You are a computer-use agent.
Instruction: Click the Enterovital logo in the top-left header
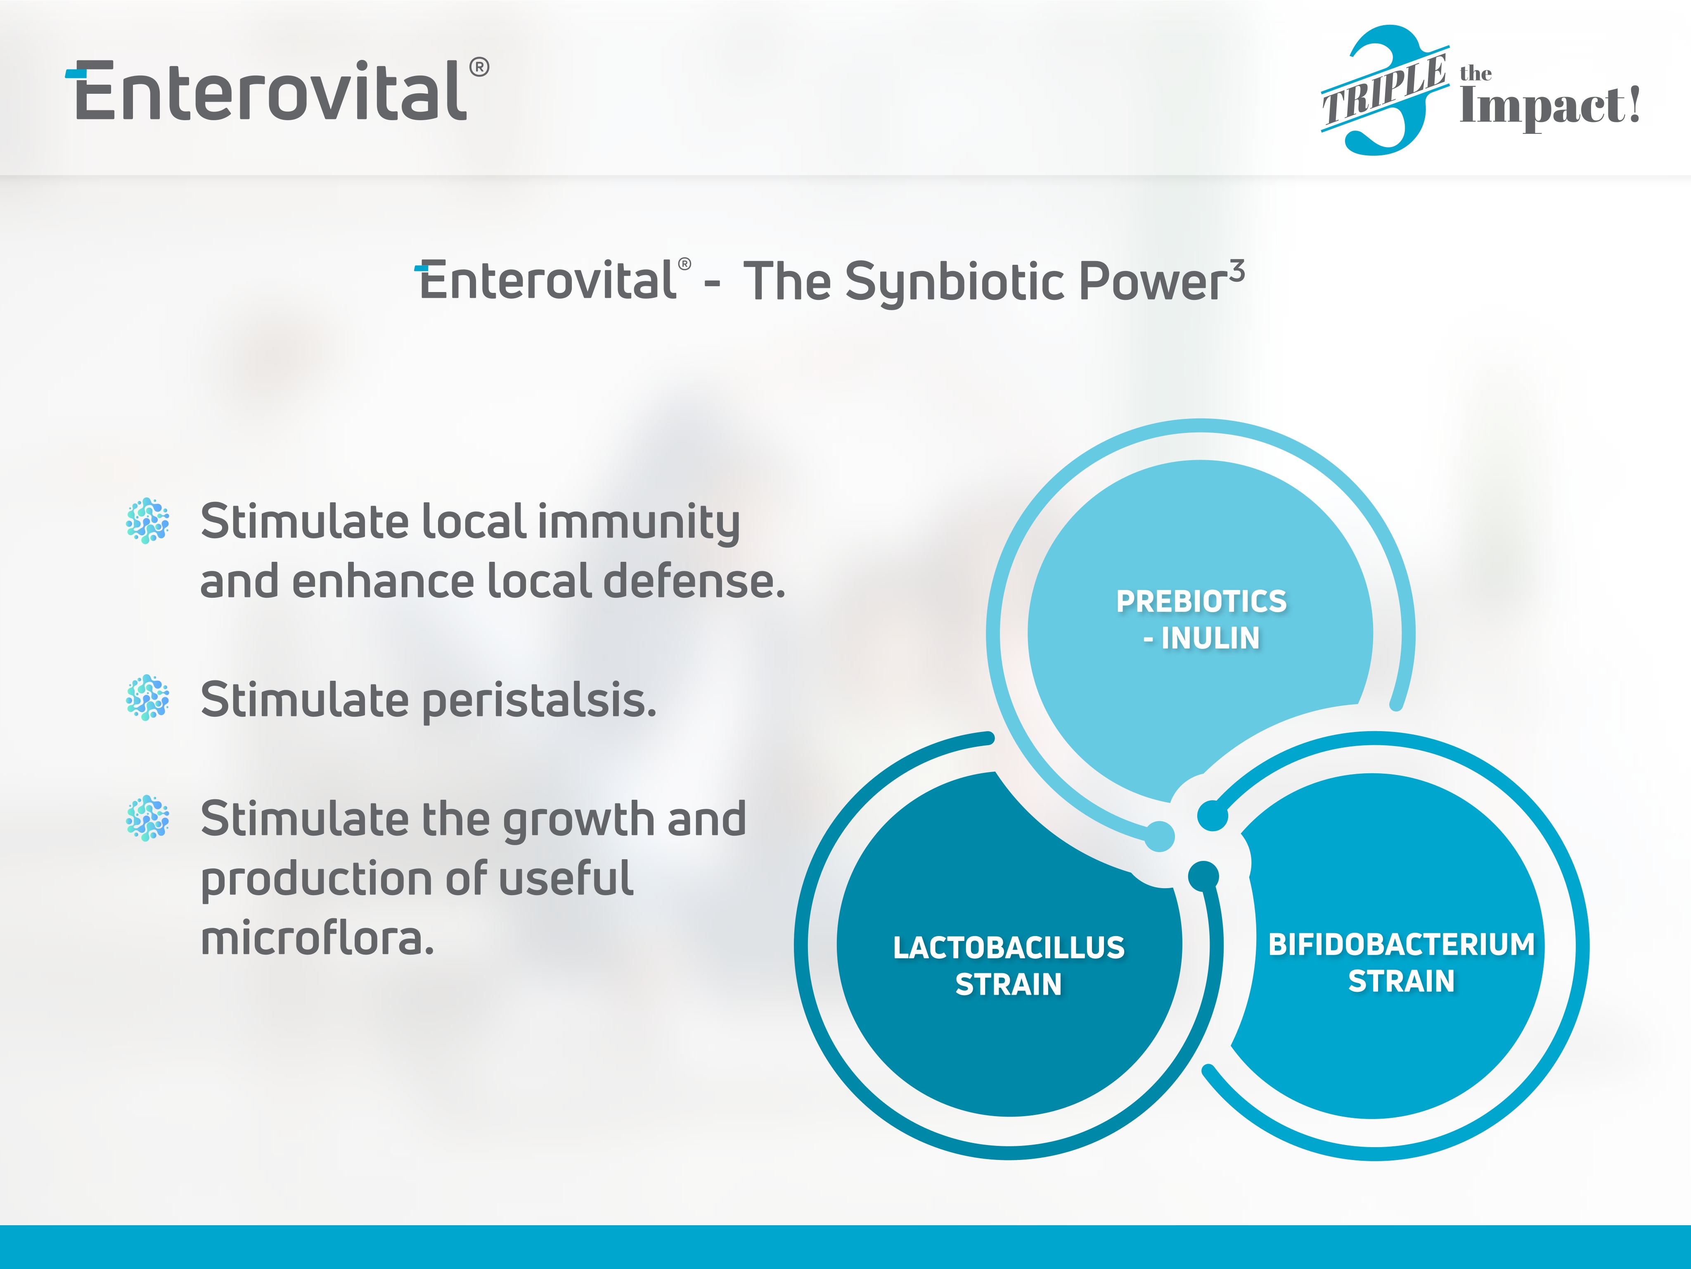click(277, 90)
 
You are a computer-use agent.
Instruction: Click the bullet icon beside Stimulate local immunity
click(147, 521)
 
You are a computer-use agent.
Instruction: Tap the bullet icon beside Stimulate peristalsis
click(147, 698)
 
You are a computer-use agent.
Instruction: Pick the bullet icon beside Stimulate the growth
click(147, 818)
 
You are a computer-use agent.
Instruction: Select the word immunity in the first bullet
click(639, 524)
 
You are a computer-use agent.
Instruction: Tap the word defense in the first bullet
click(694, 581)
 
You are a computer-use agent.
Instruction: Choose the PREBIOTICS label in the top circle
click(1201, 601)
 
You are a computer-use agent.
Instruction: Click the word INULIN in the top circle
click(1210, 638)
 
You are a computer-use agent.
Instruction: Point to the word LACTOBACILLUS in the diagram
click(1008, 948)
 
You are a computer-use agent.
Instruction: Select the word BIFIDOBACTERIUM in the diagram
click(1401, 945)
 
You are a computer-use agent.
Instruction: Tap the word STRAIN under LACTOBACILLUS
click(1008, 984)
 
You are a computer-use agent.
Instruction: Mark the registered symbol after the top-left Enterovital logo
click(479, 67)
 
